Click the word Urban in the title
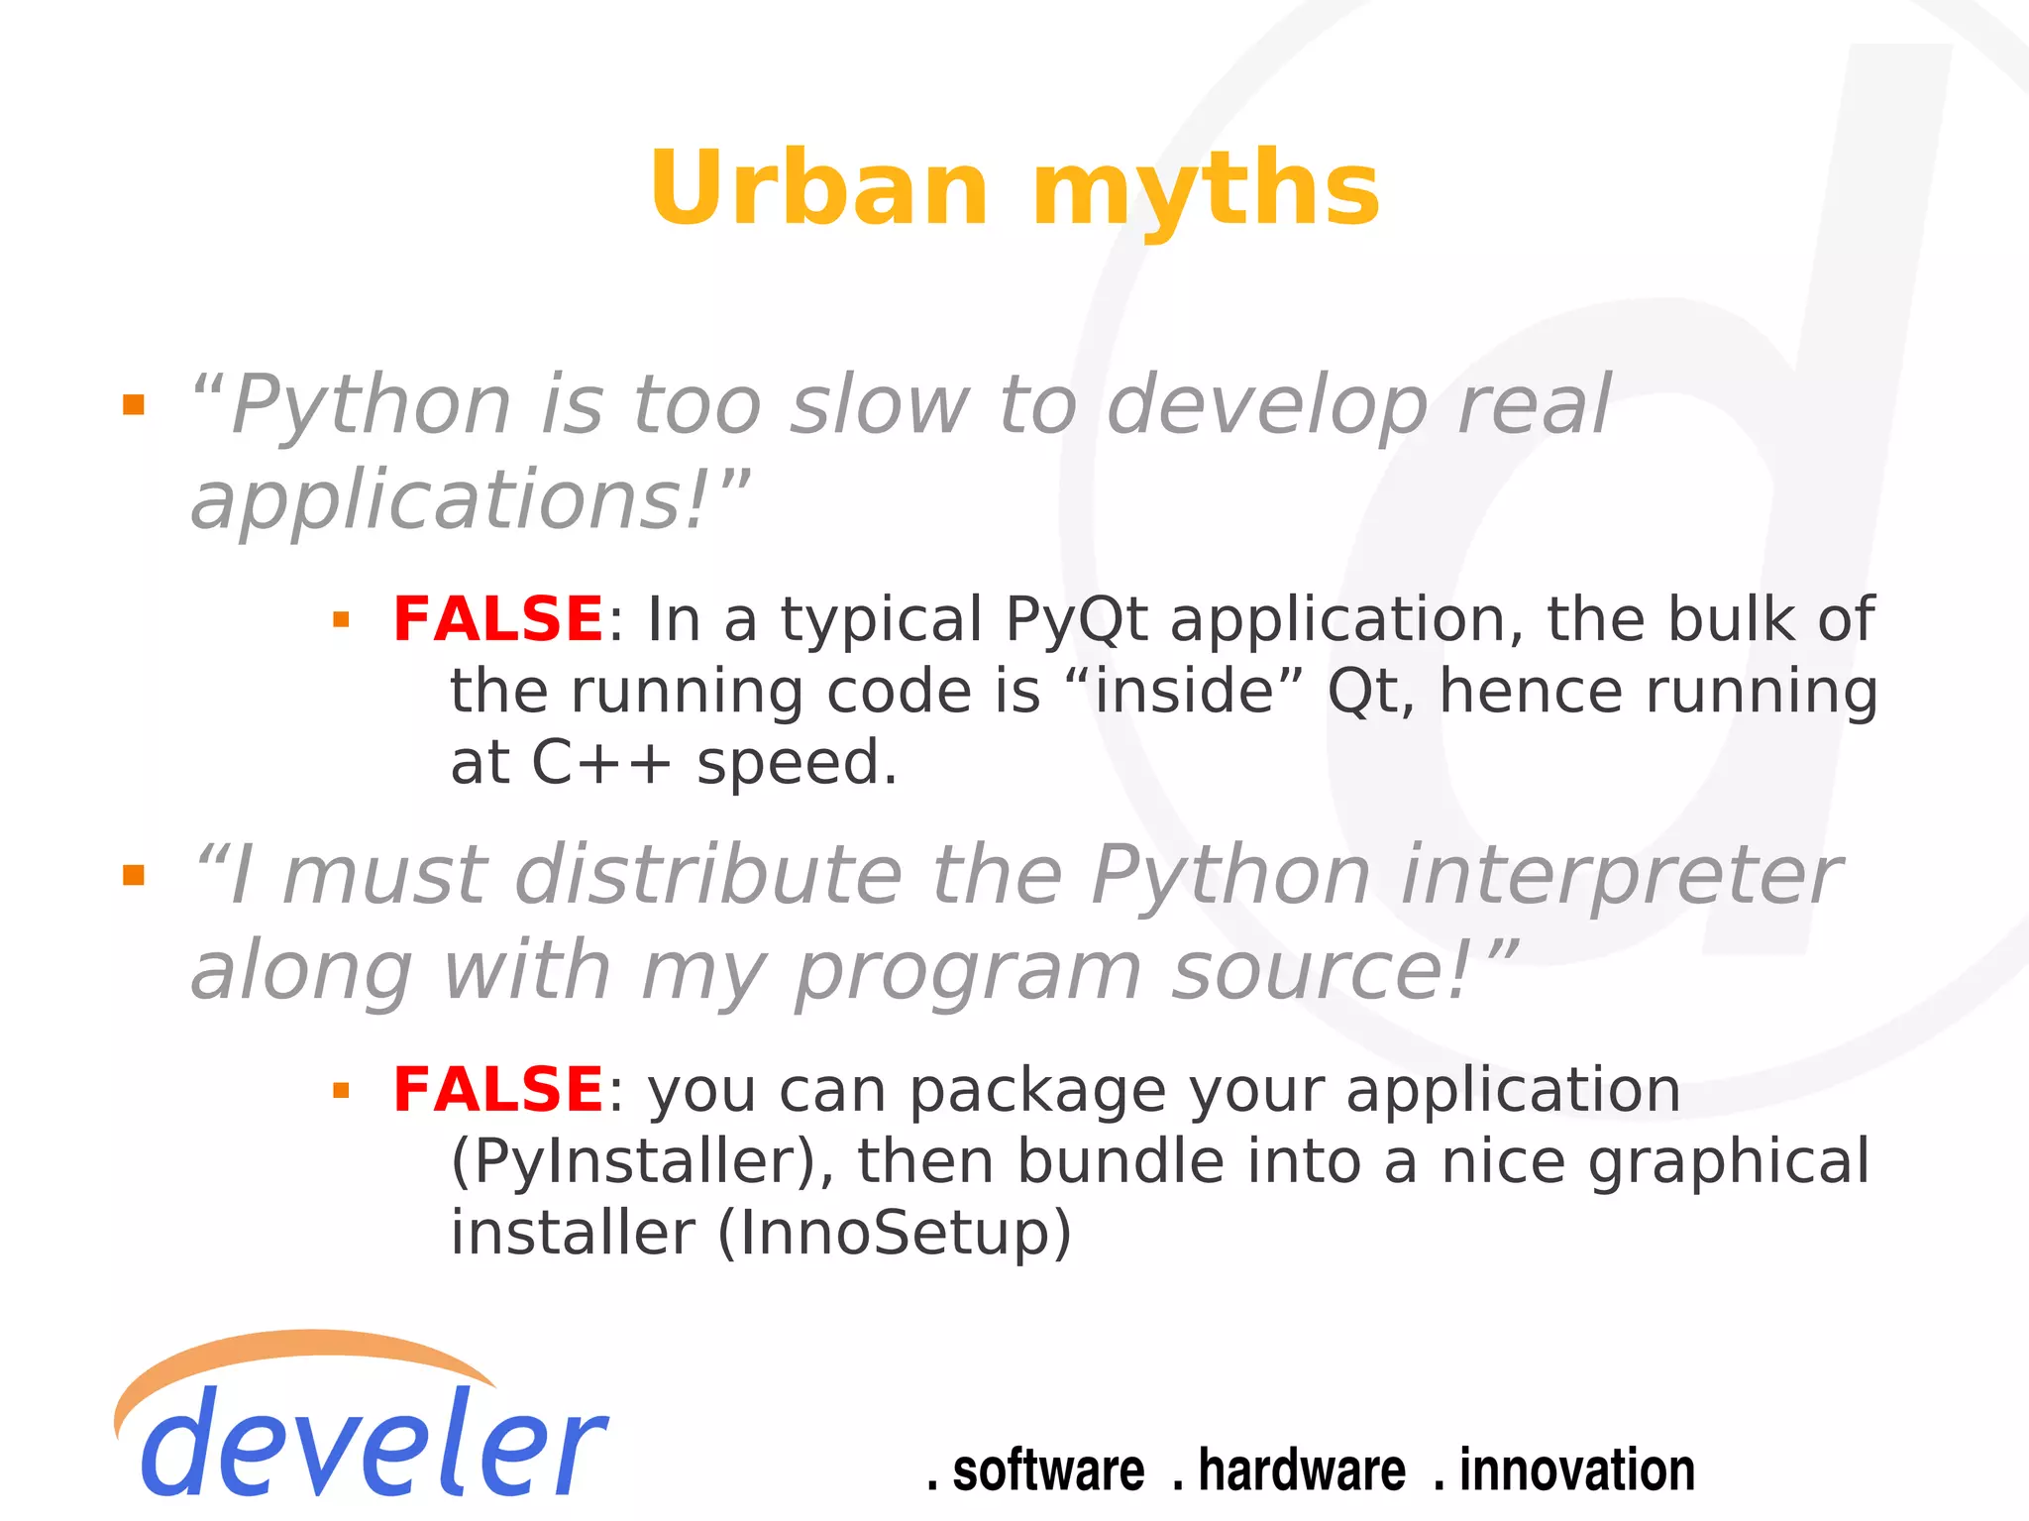818,188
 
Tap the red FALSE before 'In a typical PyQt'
497,619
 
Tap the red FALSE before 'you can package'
497,1090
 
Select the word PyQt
1076,621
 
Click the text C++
601,763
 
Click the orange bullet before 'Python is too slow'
133,404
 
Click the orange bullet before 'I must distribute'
133,875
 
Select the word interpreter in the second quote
1621,876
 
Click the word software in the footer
1047,1470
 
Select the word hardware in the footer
1301,1470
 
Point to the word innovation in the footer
1576,1470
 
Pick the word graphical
1729,1162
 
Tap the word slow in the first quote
878,405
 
